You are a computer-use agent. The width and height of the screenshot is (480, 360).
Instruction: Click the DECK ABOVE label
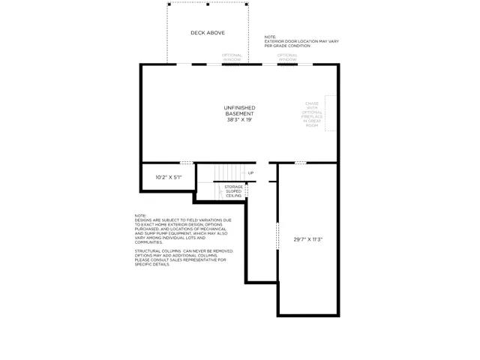pos(207,33)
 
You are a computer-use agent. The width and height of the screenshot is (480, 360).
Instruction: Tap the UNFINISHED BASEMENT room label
pos(239,111)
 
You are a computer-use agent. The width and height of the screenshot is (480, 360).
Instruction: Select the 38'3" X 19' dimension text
pos(239,120)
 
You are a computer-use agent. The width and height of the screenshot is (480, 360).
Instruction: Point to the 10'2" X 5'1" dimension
pos(168,178)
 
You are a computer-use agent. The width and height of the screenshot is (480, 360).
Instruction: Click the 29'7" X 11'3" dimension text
pos(307,239)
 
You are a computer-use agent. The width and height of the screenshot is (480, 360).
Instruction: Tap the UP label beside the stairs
pos(250,173)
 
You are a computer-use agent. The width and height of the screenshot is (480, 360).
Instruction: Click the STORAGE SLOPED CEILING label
pos(233,190)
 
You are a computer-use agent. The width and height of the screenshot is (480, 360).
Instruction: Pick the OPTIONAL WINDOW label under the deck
pos(232,57)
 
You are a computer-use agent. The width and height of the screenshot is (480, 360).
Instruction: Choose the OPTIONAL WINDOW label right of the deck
pos(287,57)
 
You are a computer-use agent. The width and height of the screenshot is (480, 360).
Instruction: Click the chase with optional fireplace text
pos(312,115)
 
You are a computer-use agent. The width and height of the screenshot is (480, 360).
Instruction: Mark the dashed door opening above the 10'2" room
pos(185,163)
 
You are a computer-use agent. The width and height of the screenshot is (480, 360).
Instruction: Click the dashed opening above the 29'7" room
pos(300,163)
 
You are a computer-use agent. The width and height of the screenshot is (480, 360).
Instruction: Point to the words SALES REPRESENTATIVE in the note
pos(194,259)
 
